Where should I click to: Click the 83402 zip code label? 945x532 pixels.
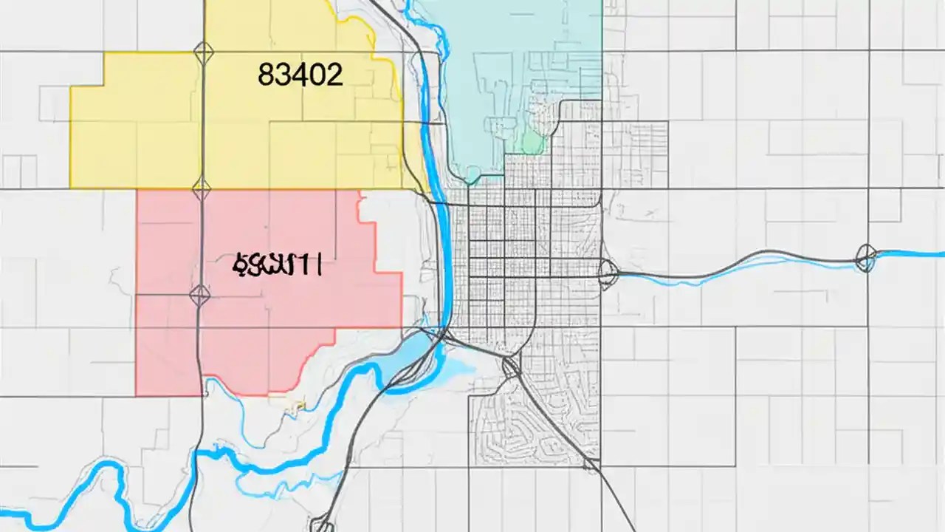[300, 75]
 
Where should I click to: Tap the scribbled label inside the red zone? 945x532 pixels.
[278, 265]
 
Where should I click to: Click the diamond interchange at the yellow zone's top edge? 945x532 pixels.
[202, 52]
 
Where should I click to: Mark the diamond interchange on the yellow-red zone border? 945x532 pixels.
[201, 188]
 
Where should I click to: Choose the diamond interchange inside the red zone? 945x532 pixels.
[199, 296]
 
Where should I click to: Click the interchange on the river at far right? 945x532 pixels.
[865, 259]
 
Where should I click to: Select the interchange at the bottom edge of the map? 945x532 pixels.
[322, 525]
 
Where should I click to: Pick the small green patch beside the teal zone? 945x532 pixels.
[532, 142]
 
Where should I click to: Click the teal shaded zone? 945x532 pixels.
[517, 66]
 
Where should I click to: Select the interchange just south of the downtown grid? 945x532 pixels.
[509, 366]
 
